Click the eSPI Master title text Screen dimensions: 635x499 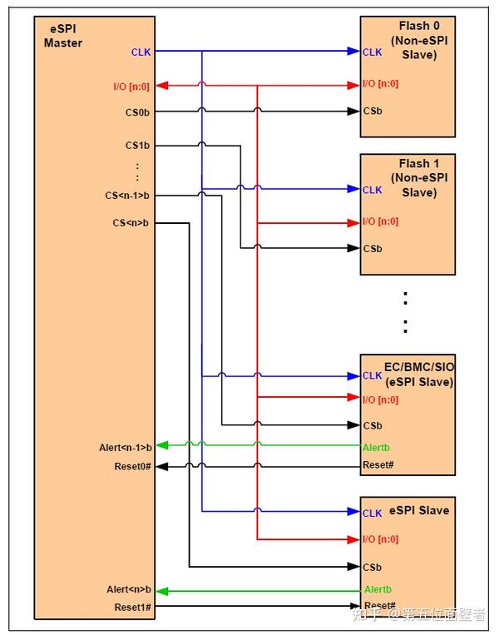(x=63, y=36)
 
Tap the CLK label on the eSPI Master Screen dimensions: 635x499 (x=141, y=52)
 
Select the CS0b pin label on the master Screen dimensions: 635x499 (x=137, y=112)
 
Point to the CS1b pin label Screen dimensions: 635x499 (x=137, y=146)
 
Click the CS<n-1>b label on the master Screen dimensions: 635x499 (x=127, y=196)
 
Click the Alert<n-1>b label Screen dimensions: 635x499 (x=125, y=448)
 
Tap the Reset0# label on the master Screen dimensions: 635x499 (x=133, y=466)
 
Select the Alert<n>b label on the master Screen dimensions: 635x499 (x=129, y=589)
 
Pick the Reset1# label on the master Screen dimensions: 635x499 (x=133, y=607)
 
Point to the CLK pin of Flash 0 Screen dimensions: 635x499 (x=372, y=52)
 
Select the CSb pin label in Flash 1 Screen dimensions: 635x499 (x=372, y=248)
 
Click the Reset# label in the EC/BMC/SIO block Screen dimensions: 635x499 (x=378, y=465)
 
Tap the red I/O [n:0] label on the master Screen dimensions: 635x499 (x=131, y=86)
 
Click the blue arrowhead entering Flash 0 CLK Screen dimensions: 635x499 (x=353, y=52)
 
